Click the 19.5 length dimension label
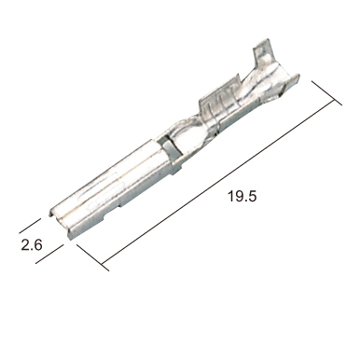point(242,197)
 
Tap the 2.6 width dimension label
point(32,245)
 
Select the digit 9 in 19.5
point(238,197)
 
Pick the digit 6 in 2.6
point(37,245)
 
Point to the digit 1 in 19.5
point(230,197)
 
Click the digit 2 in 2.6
point(25,245)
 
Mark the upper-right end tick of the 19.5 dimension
point(326,93)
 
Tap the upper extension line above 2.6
point(30,226)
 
